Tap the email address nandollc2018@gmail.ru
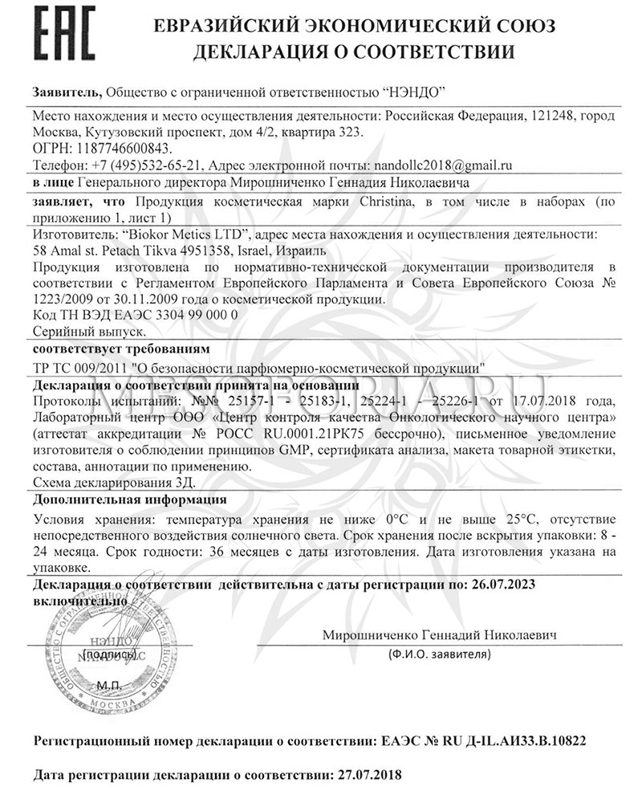pyautogui.click(x=440, y=165)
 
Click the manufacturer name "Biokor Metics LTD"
pyautogui.click(x=184, y=234)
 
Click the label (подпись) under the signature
pyautogui.click(x=104, y=655)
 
